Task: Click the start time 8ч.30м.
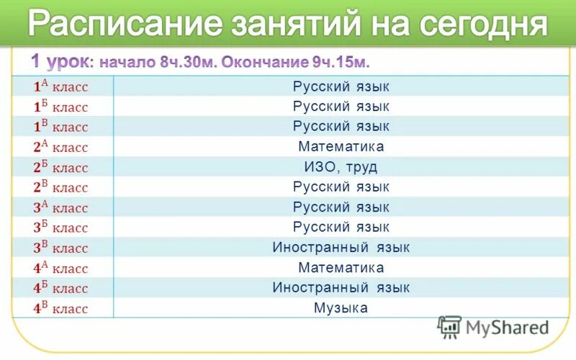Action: click(188, 60)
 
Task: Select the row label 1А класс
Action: click(60, 86)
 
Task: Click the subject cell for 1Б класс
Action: click(341, 107)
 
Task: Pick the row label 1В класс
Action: click(60, 127)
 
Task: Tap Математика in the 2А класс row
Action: click(341, 147)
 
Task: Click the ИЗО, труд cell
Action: click(341, 167)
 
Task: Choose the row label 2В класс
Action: click(60, 187)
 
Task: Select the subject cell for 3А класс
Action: click(341, 207)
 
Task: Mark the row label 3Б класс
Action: click(60, 228)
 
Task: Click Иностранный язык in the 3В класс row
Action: click(341, 248)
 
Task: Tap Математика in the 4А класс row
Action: click(341, 268)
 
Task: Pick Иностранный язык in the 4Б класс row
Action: click(341, 288)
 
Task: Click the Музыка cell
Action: click(341, 308)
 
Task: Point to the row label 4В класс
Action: click(60, 308)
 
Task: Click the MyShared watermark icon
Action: click(449, 327)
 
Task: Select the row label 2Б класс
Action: click(60, 167)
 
